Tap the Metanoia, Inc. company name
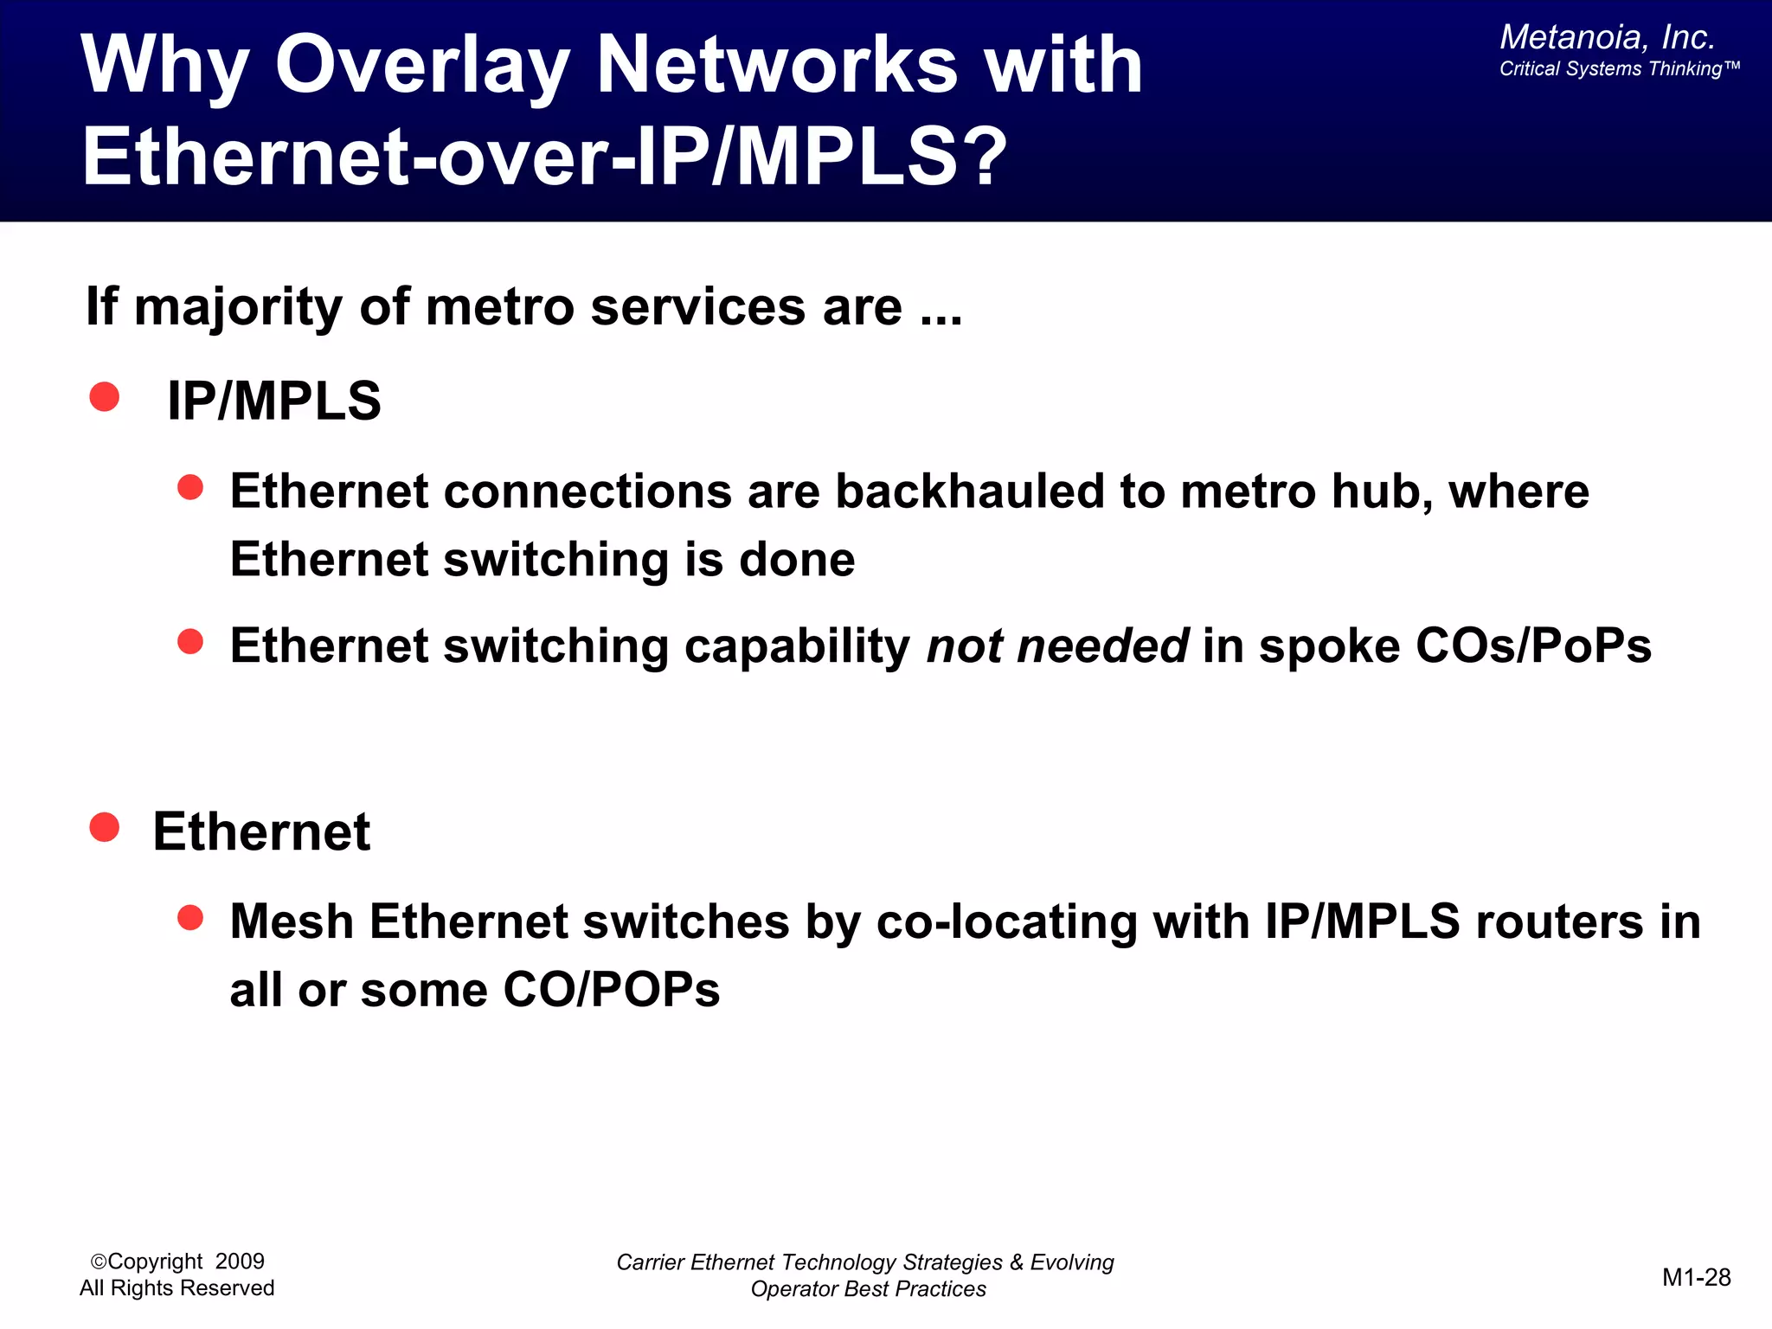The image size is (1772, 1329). tap(1607, 37)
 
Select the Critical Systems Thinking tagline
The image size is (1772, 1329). tap(1618, 69)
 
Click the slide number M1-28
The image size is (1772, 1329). tap(1696, 1277)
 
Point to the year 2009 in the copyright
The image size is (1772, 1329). tap(240, 1262)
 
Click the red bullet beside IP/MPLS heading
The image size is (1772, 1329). tap(105, 397)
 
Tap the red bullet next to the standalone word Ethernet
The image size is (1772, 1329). tap(105, 827)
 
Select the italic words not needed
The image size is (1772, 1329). tap(1057, 645)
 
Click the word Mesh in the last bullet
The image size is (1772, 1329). tap(292, 921)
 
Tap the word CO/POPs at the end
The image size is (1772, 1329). tap(611, 990)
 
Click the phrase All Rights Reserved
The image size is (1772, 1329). tap(177, 1288)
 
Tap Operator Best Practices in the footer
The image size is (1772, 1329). tap(868, 1289)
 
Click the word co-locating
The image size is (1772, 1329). tap(1006, 921)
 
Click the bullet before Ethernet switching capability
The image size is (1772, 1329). tap(190, 642)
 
